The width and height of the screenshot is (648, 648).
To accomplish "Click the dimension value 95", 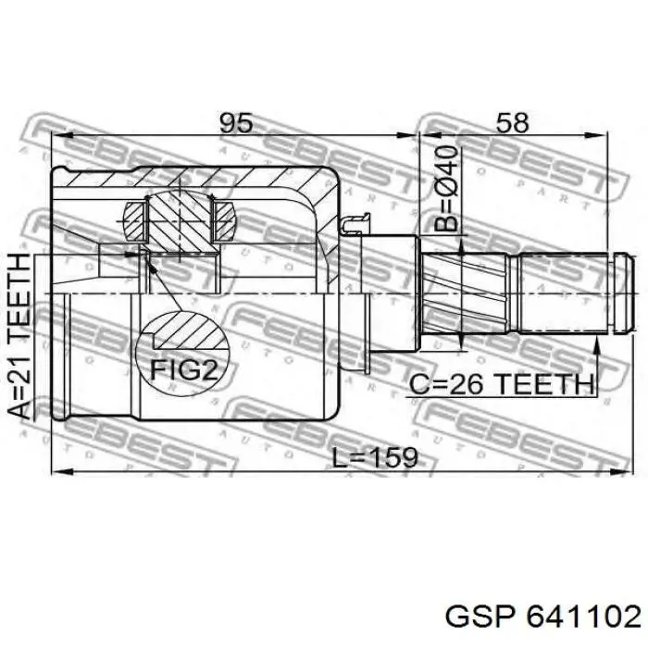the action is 235,123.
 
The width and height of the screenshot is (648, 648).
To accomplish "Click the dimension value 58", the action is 512,123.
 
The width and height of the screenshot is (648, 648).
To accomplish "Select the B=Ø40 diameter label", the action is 447,188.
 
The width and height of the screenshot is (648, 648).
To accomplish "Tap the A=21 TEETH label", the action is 19,336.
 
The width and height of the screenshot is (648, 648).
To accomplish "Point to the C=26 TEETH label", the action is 502,384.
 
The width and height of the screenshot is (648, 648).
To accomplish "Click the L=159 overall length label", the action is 375,458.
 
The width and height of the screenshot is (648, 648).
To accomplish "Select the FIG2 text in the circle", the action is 183,369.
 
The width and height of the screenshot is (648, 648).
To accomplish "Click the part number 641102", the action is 584,618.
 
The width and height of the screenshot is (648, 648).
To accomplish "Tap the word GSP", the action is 480,618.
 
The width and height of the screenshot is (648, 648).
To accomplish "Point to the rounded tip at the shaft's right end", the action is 624,293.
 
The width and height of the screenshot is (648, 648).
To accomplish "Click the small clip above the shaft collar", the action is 355,224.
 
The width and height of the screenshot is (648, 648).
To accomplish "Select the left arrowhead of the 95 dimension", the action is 62,135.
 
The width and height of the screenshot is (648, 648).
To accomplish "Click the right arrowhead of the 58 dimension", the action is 597,135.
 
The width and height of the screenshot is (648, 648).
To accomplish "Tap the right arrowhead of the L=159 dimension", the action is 622,471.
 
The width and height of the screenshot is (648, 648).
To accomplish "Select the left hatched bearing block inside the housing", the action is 134,221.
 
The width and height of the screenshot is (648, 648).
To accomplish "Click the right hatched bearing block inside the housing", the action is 224,221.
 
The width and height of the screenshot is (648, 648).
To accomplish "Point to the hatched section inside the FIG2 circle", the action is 190,329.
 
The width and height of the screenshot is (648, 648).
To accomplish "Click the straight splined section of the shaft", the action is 563,293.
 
